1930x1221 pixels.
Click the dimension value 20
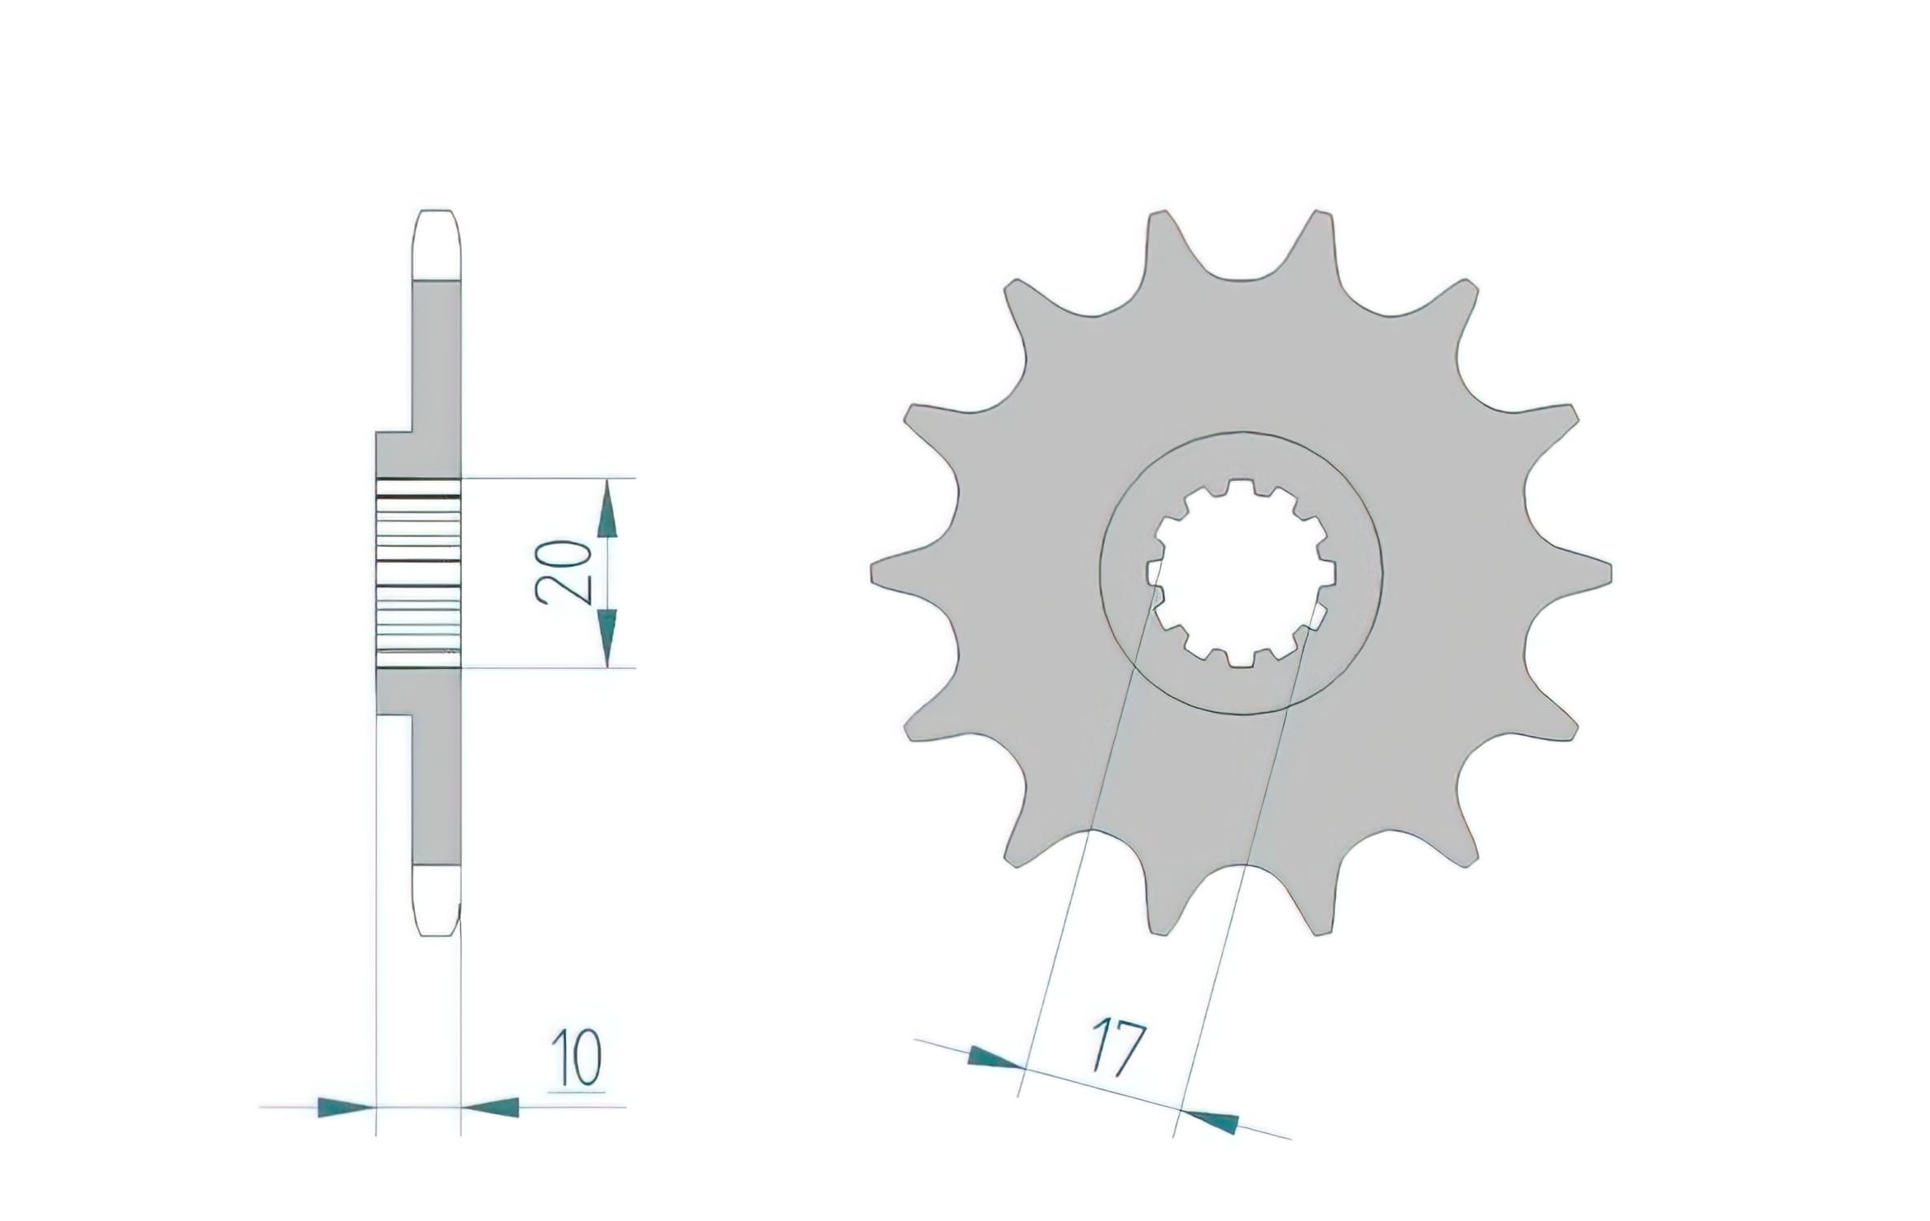pyautogui.click(x=562, y=571)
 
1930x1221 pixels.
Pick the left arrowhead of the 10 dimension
pyautogui.click(x=346, y=1107)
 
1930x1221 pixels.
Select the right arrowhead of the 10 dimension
pyautogui.click(x=491, y=1107)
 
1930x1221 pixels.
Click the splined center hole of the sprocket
pyautogui.click(x=1241, y=573)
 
